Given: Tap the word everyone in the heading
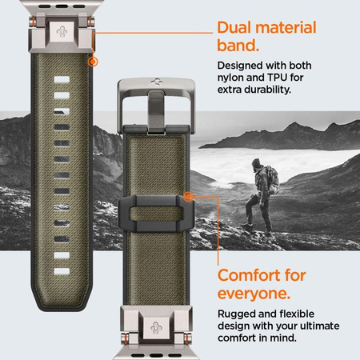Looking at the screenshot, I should [254, 295].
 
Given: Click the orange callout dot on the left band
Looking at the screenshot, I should [94, 60].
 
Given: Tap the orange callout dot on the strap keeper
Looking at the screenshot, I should [187, 195].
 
